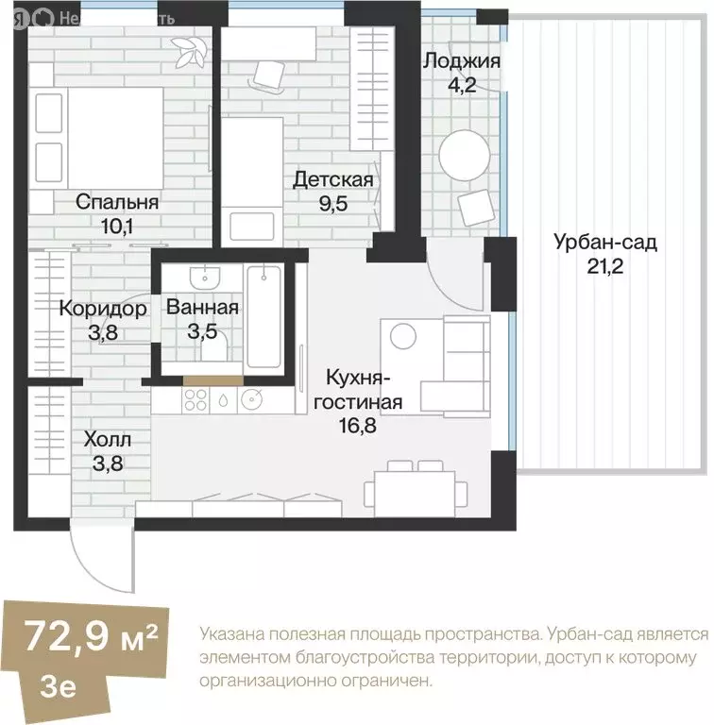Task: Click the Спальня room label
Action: [x=116, y=201]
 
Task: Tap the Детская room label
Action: [x=332, y=179]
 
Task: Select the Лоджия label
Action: [x=461, y=62]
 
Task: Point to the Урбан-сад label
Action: [x=604, y=243]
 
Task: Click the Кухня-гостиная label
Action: [x=364, y=390]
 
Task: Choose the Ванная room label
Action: [x=202, y=307]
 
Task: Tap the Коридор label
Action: [x=103, y=309]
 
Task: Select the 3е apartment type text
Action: [x=59, y=683]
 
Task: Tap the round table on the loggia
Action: [x=466, y=154]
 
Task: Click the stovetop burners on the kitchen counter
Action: [x=195, y=400]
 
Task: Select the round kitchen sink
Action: [x=251, y=400]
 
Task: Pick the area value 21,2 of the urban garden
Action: [x=604, y=264]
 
